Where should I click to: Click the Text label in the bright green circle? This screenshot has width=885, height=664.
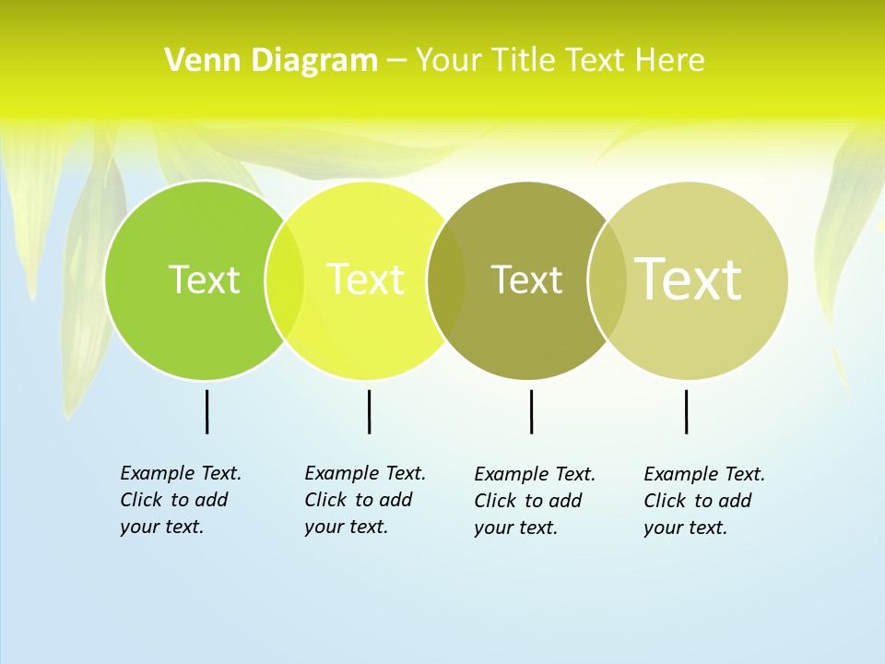[x=204, y=279]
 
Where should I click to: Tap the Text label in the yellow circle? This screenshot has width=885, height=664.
[x=366, y=279]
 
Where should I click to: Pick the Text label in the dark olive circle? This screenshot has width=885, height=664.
[x=526, y=279]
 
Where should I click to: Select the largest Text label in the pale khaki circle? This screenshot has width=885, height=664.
[x=688, y=279]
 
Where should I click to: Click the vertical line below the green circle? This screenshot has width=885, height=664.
[x=206, y=411]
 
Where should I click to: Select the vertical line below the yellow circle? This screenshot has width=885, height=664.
[x=369, y=411]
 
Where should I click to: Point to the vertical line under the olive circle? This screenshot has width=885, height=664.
[x=531, y=411]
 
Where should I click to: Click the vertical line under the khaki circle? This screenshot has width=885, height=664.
[x=686, y=411]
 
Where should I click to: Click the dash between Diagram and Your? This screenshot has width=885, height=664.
[x=395, y=61]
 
